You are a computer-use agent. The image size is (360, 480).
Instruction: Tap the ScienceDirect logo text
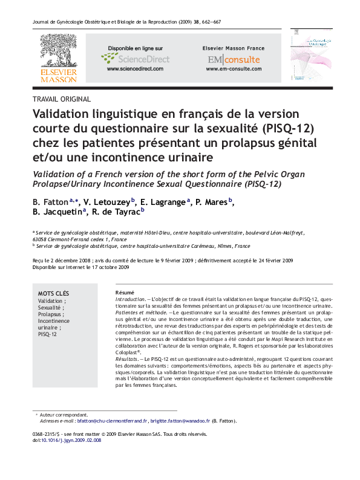143,59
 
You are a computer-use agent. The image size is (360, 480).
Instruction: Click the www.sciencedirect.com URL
135,70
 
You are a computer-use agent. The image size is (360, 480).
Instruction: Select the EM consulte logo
233,59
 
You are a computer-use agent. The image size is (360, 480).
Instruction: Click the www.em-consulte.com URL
233,70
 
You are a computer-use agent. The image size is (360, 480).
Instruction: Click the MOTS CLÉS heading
54,293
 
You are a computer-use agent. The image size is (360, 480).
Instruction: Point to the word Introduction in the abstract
130,299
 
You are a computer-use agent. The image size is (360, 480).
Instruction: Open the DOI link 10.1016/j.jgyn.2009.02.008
71,441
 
